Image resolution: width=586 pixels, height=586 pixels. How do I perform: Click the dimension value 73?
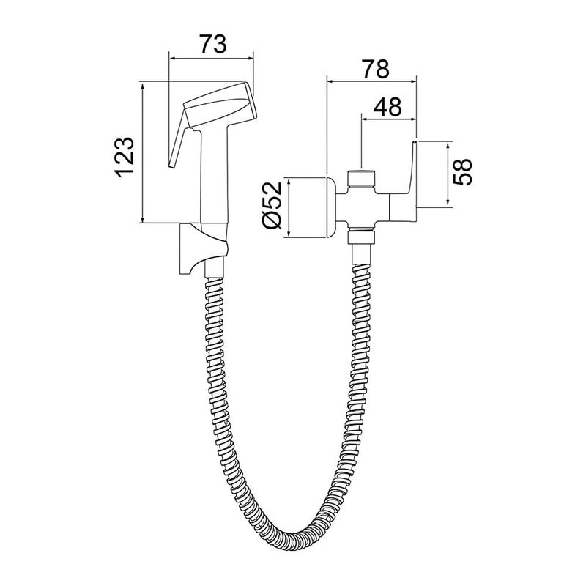point(212,44)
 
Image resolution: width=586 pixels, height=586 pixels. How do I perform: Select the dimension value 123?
point(124,157)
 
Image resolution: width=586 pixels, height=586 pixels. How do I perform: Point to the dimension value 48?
point(387,106)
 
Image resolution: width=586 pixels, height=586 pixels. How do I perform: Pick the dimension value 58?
point(462,172)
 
